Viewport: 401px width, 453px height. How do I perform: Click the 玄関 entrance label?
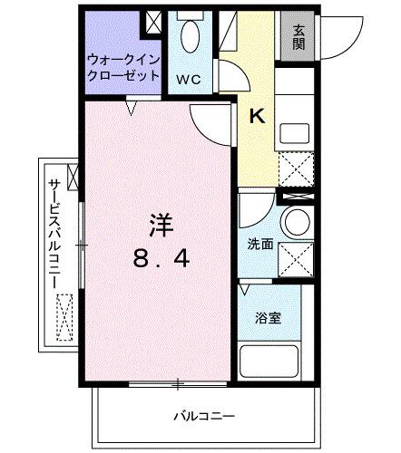click(x=298, y=36)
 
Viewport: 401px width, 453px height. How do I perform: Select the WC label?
click(x=188, y=79)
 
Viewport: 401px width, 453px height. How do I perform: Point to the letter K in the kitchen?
click(x=257, y=115)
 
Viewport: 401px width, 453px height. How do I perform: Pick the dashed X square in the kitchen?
click(x=297, y=169)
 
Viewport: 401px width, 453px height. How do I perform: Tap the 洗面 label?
click(x=259, y=245)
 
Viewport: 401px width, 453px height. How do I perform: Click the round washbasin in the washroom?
click(x=297, y=221)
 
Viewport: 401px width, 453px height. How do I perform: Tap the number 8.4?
click(x=162, y=260)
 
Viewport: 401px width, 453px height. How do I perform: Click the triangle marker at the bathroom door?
click(x=245, y=289)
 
